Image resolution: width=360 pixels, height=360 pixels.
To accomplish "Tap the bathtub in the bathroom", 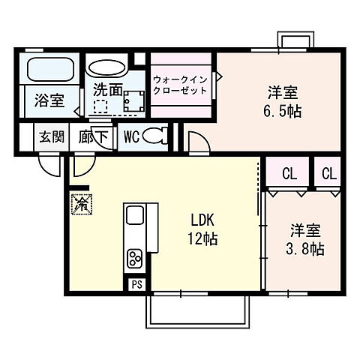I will tap(49, 70).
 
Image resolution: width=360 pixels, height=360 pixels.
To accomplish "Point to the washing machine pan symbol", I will tap(133, 102).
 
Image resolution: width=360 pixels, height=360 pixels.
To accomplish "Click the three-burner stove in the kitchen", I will tap(136, 259).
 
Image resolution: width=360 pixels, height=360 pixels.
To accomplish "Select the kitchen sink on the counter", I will tap(136, 217).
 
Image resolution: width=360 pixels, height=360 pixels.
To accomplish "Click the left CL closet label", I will tap(289, 174).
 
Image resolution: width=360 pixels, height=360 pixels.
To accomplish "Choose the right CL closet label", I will tap(329, 174).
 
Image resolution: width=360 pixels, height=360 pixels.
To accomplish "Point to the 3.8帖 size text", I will tap(306, 248).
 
